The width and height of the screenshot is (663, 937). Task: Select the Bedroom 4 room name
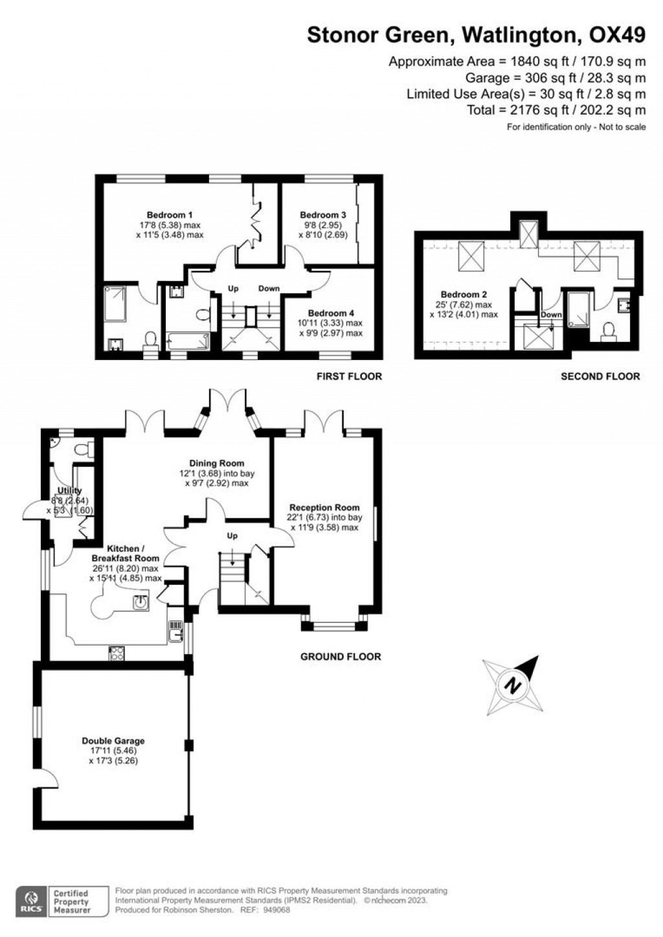tap(331, 313)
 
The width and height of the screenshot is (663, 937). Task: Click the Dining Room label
tap(216, 463)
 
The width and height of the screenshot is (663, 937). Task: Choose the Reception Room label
tap(324, 508)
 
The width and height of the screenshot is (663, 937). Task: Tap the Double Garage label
tap(113, 741)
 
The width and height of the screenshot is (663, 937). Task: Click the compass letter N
tap(513, 684)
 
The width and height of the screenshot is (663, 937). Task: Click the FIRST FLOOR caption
tap(349, 376)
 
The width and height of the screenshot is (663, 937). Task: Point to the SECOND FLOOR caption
tap(600, 376)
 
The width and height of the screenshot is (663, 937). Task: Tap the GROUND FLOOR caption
tap(341, 657)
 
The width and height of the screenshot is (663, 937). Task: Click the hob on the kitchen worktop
tap(117, 653)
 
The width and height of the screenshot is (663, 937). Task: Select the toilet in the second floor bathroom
tap(608, 332)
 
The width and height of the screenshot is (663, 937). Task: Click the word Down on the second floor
tap(551, 315)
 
